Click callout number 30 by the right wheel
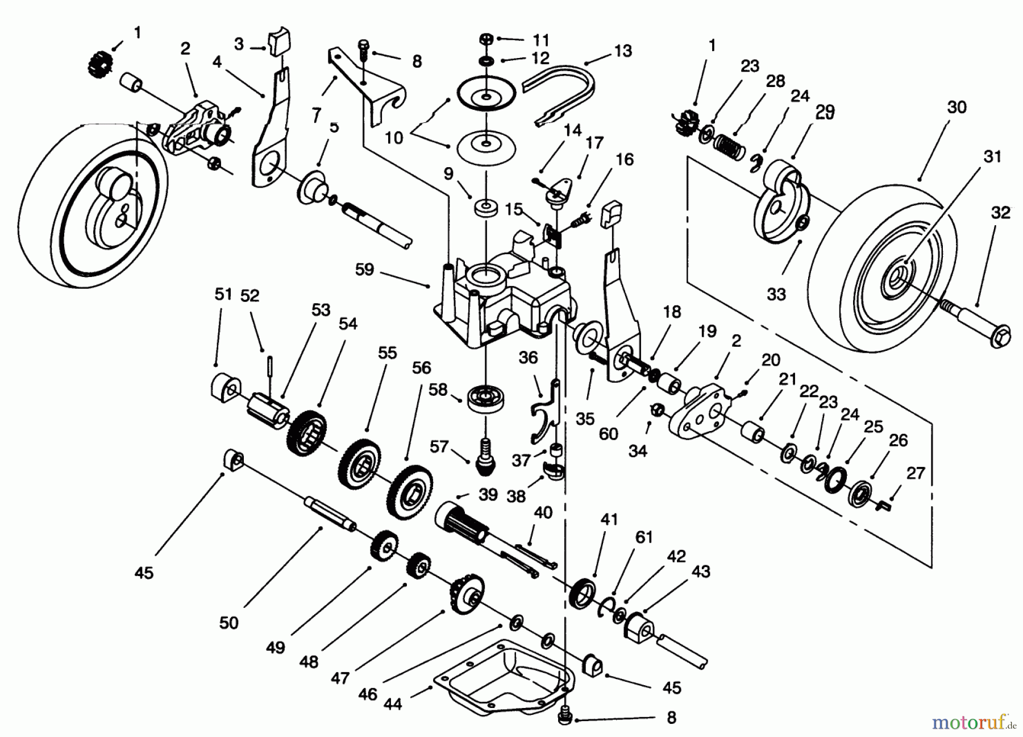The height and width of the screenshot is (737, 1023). point(957,107)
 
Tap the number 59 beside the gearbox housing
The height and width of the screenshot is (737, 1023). point(364,269)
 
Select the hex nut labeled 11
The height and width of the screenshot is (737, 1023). point(485,39)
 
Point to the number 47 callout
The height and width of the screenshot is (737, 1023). point(339,678)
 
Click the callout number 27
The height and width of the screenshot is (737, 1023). point(916,473)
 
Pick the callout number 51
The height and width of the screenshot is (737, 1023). point(223,294)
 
